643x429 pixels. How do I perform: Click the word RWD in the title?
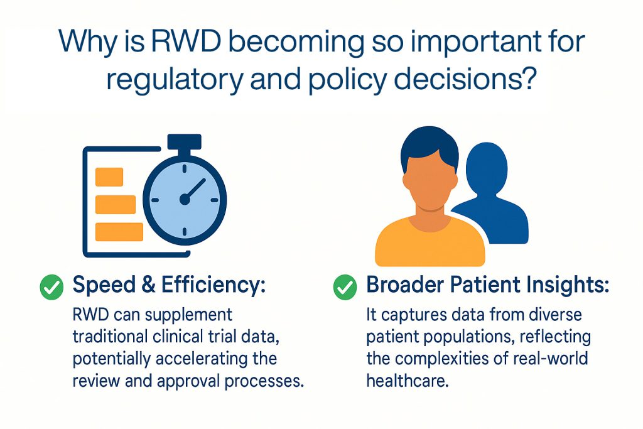[184, 41]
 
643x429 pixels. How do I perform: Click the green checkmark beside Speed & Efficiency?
[51, 286]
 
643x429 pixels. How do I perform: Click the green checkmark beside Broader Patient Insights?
[345, 286]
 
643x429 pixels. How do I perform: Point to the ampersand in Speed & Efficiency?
[148, 285]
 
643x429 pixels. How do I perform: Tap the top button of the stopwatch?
[185, 142]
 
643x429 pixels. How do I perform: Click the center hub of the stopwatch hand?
[185, 200]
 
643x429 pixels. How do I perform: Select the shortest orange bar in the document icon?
[109, 176]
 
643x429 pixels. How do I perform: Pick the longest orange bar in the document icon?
[119, 232]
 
